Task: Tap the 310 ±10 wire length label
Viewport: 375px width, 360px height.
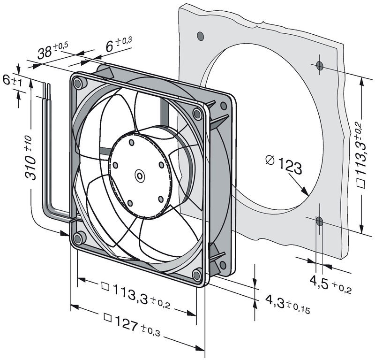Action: [31, 160]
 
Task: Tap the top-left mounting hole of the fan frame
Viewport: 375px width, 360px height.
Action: [78, 84]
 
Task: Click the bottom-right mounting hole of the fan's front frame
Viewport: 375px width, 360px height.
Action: [196, 274]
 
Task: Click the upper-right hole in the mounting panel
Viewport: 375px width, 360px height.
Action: [320, 66]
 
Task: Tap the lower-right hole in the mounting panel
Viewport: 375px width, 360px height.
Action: [319, 221]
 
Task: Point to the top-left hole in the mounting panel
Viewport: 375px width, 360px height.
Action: [201, 36]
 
